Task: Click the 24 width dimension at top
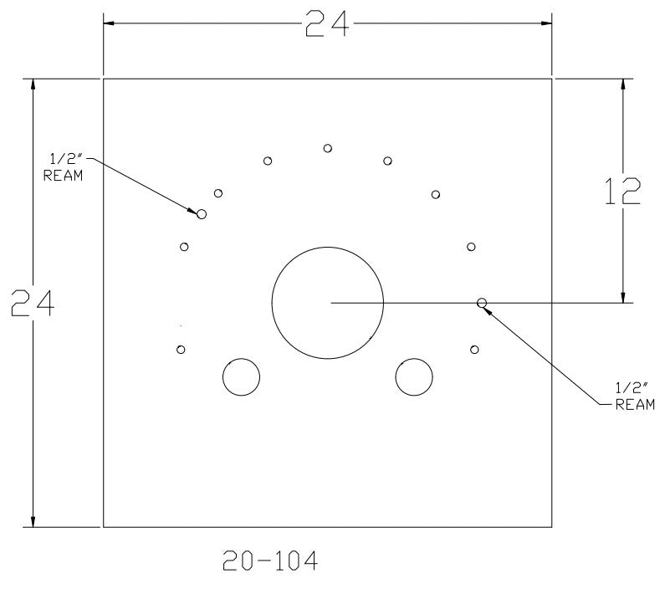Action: click(x=327, y=25)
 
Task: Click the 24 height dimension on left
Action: click(x=33, y=304)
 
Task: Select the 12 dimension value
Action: click(x=622, y=192)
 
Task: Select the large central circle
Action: click(x=328, y=302)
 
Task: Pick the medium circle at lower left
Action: click(x=241, y=377)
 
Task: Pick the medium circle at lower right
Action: click(x=414, y=377)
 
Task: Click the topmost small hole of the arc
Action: click(x=328, y=148)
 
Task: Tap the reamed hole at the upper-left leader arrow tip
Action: click(x=201, y=214)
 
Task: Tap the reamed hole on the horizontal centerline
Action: click(x=482, y=303)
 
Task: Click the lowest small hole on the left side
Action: click(x=181, y=349)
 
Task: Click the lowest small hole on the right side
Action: click(x=475, y=349)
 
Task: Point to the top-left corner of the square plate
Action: click(x=103, y=79)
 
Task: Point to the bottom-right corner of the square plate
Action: click(x=551, y=527)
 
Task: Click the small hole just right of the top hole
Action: click(x=387, y=161)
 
